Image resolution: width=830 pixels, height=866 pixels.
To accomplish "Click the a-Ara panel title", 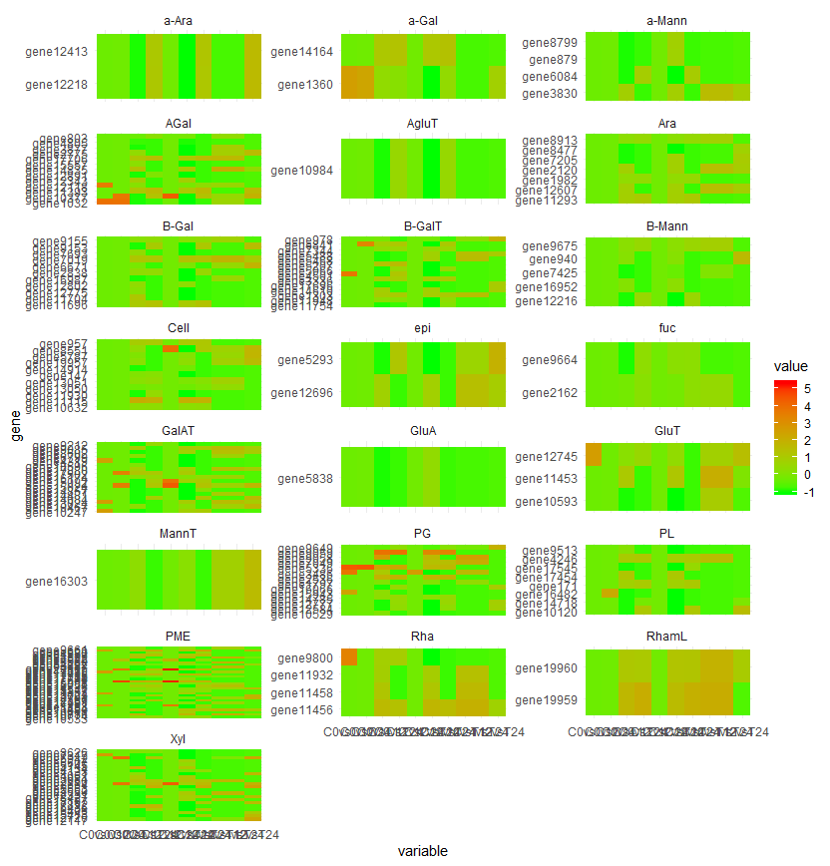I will (x=178, y=20).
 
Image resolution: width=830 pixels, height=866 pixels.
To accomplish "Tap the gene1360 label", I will (x=307, y=85).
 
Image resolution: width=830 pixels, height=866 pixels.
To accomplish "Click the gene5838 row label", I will (x=306, y=479).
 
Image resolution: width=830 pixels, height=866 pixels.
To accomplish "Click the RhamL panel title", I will (x=666, y=636).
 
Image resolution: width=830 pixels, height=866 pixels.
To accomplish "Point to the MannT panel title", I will (x=178, y=533).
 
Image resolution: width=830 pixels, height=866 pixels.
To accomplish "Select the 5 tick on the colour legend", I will (x=807, y=387).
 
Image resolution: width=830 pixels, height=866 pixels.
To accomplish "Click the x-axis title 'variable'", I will (x=422, y=851).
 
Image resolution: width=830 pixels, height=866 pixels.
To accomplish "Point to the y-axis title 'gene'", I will (x=14, y=426).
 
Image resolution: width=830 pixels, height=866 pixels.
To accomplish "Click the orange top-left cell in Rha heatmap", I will (x=349, y=656).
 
